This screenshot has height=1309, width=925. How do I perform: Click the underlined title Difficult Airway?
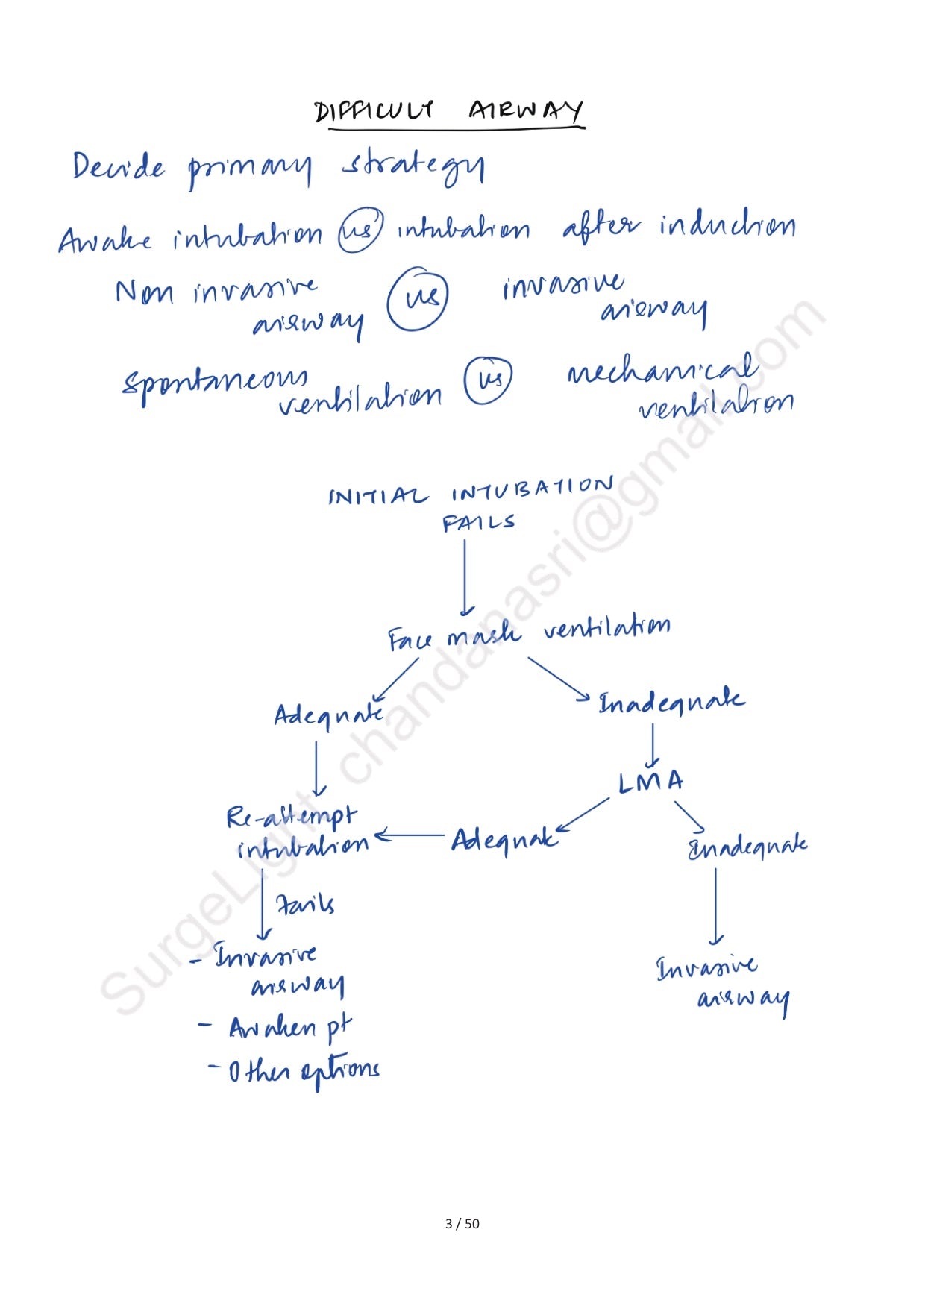click(x=449, y=112)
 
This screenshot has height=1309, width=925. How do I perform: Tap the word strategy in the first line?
click(x=413, y=168)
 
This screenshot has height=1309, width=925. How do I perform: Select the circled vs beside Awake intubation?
click(x=360, y=230)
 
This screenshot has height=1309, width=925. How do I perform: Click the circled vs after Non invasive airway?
click(x=418, y=299)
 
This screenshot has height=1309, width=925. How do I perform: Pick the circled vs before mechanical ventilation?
click(x=489, y=380)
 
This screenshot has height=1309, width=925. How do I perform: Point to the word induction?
click(x=727, y=225)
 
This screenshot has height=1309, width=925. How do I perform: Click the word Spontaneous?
click(x=215, y=381)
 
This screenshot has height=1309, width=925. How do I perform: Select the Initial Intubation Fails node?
click(x=471, y=503)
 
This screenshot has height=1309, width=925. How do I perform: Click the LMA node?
click(x=650, y=782)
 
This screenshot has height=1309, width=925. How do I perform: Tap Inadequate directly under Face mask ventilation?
click(x=671, y=703)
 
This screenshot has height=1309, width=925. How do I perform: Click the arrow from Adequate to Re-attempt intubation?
click(x=412, y=836)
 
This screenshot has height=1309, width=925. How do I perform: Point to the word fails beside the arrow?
click(x=305, y=905)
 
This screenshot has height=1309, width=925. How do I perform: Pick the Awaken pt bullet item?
click(x=289, y=1028)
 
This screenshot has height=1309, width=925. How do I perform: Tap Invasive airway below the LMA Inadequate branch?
click(x=722, y=982)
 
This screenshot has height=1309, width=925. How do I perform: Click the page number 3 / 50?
click(x=462, y=1224)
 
